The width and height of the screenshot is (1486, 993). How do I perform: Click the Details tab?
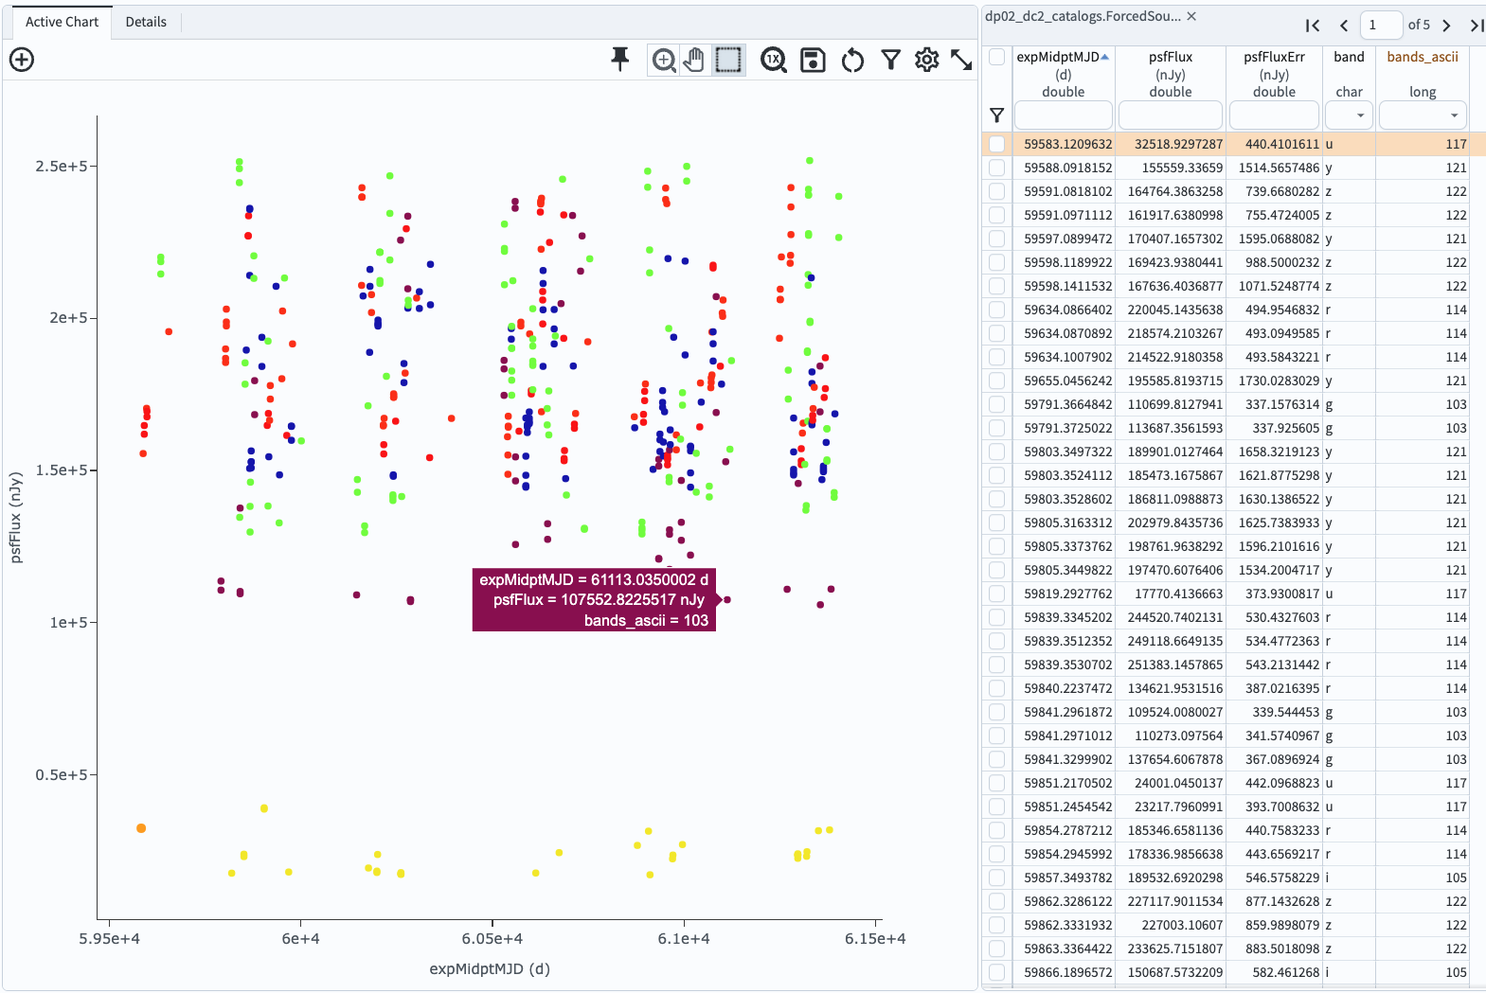[146, 22]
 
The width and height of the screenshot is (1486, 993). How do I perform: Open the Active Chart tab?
[62, 22]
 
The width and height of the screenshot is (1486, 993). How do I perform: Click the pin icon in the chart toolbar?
[620, 60]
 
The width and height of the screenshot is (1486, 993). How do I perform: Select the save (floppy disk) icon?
[813, 60]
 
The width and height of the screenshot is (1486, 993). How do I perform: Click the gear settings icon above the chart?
[926, 60]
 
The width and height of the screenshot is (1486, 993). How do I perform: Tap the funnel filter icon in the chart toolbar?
[890, 60]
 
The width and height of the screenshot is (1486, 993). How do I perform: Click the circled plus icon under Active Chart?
[22, 60]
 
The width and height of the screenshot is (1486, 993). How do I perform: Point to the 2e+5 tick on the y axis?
[68, 318]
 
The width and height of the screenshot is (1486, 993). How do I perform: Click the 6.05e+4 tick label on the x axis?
[492, 938]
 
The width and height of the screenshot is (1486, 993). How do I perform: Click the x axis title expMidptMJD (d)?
[490, 968]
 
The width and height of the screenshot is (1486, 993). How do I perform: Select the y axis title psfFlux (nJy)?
[15, 518]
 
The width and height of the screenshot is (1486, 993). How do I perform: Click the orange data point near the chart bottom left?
[141, 828]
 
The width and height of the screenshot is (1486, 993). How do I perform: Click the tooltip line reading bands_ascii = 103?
[645, 620]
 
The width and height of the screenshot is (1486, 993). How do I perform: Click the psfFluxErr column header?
[1274, 57]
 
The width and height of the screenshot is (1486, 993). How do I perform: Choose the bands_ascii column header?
[1422, 57]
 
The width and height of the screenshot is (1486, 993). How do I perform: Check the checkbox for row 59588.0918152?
[996, 168]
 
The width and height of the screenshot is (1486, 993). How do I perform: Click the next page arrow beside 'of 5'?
[1446, 26]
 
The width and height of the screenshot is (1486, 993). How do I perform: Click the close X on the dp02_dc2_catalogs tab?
[1191, 16]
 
